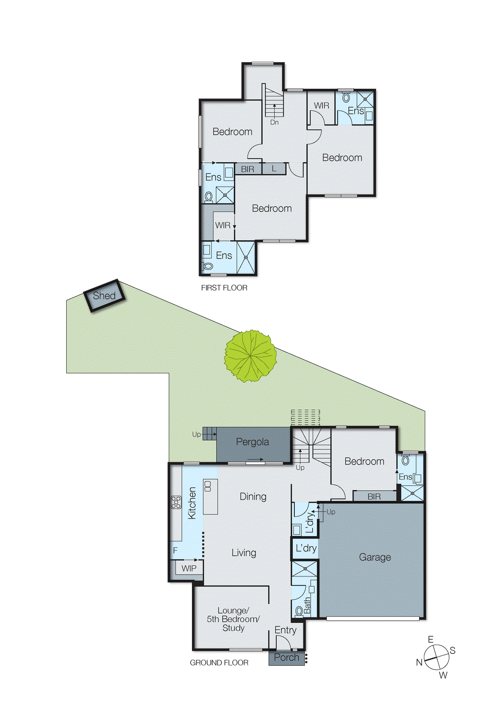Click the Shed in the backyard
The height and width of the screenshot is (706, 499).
pos(105,296)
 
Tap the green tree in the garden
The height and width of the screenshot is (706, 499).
pos(251,356)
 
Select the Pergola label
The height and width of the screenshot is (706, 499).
pos(252,442)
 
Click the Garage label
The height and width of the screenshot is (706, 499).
pos(375,557)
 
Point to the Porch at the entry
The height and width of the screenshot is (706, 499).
pos(286,657)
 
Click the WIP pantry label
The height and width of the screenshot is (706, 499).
pos(189,568)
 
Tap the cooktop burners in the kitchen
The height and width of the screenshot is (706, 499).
pos(176,502)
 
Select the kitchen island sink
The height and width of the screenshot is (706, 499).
pos(208,486)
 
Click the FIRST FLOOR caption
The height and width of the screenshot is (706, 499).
pos(224,288)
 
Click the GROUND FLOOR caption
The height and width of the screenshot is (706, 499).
pos(219,663)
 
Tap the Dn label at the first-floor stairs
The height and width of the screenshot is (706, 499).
pos(274,122)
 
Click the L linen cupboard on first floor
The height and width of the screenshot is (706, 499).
pos(274,169)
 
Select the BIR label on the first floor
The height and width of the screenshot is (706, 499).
pos(248,169)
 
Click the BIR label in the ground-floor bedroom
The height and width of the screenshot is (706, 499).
pos(374,496)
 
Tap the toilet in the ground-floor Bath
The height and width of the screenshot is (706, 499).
pos(299,611)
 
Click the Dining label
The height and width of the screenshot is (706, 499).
pos(253,496)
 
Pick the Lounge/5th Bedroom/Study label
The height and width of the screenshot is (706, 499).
pos(233,619)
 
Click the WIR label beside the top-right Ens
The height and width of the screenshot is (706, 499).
pos(321,105)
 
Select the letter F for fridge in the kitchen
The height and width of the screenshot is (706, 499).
pos(175,550)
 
